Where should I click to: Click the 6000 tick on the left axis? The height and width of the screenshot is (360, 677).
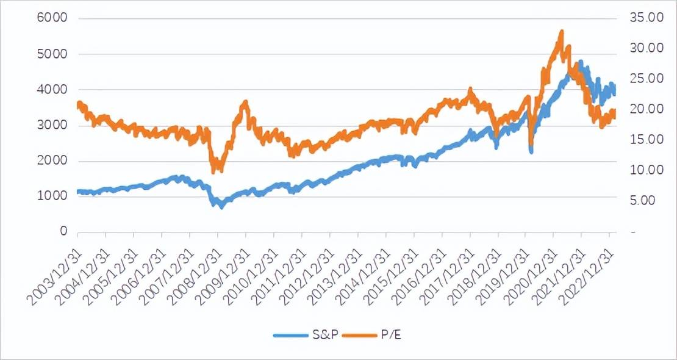[x=49, y=19]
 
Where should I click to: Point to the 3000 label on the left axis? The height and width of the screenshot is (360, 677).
[x=49, y=126]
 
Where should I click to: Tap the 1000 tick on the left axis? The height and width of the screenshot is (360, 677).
[x=49, y=196]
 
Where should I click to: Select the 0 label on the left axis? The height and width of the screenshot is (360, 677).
[x=62, y=232]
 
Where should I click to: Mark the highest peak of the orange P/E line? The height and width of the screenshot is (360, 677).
[x=561, y=32]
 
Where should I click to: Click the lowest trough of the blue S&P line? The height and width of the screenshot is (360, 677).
[x=221, y=206]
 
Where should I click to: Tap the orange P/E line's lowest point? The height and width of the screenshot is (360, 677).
[x=213, y=171]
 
